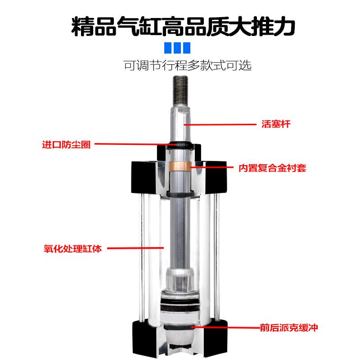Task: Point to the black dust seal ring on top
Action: [182, 145]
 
